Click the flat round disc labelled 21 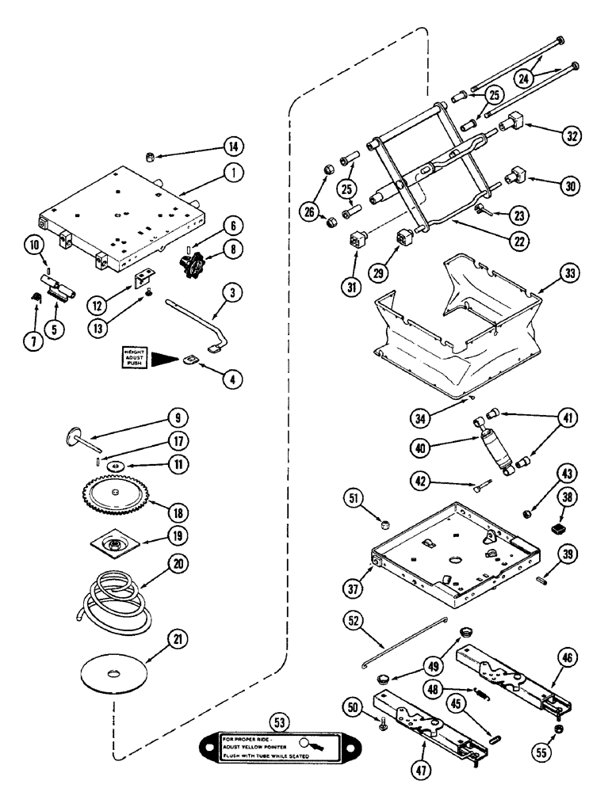click(117, 672)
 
